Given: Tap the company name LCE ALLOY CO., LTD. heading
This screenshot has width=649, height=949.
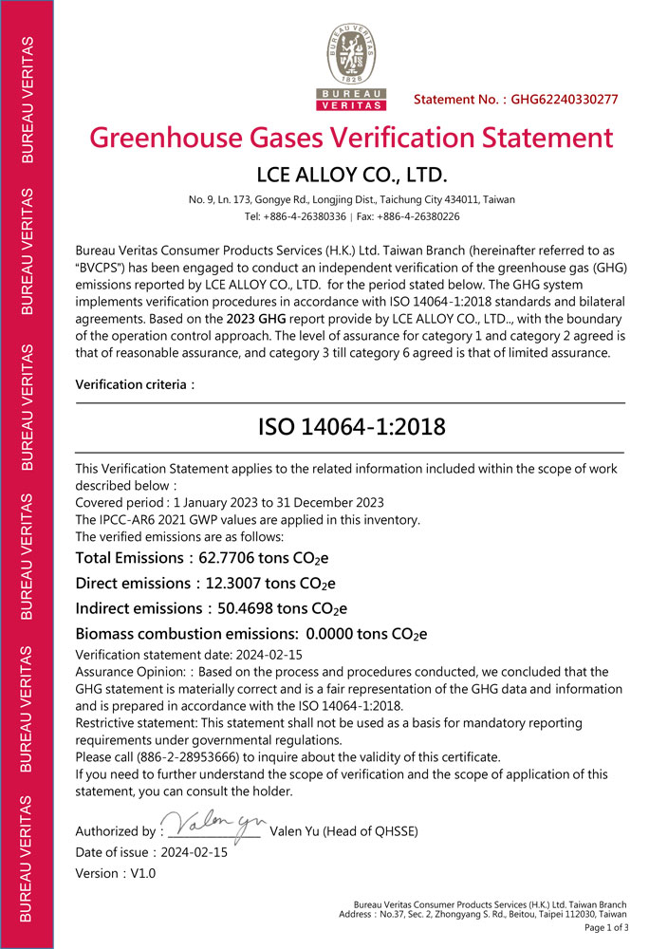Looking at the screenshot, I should [351, 176].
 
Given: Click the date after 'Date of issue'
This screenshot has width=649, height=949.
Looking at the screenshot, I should [195, 852].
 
